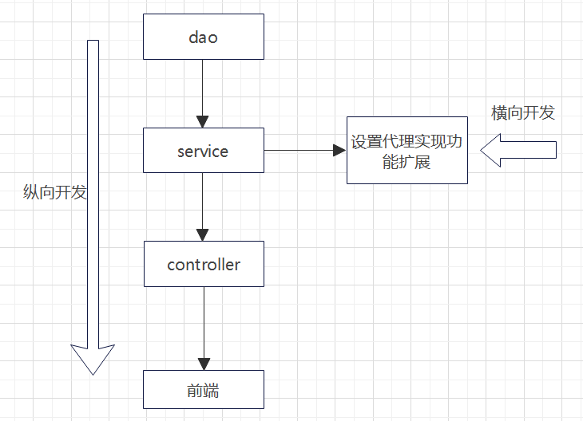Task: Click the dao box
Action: pyautogui.click(x=203, y=37)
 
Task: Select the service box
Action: pyautogui.click(x=203, y=150)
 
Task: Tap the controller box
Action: pyautogui.click(x=203, y=264)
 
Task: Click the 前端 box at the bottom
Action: pyautogui.click(x=203, y=390)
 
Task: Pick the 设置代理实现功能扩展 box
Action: pyautogui.click(x=407, y=150)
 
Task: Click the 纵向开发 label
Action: pyautogui.click(x=54, y=193)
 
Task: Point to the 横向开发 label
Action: pyautogui.click(x=522, y=112)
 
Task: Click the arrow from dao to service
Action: pyautogui.click(x=203, y=88)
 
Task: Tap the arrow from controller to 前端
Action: pyautogui.click(x=203, y=323)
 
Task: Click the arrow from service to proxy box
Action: pyautogui.click(x=299, y=150)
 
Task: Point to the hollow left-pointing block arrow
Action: pyautogui.click(x=519, y=150)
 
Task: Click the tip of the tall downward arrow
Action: pyautogui.click(x=93, y=372)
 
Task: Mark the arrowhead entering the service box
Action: pyautogui.click(x=203, y=121)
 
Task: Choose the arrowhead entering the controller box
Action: pyautogui.click(x=203, y=235)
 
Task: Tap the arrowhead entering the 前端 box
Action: pyautogui.click(x=203, y=364)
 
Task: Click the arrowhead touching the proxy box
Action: pyautogui.click(x=340, y=150)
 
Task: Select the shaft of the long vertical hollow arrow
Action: pyautogui.click(x=93, y=191)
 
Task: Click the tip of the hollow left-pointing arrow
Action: pyautogui.click(x=482, y=150)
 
